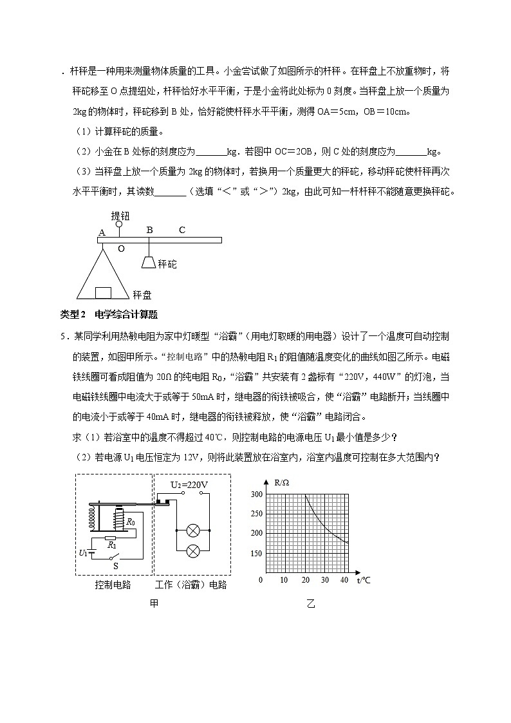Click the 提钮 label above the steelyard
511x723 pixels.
click(x=120, y=215)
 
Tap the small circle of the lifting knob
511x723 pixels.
click(x=118, y=225)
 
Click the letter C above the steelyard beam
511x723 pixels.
click(x=182, y=230)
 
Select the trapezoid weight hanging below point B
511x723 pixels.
click(x=149, y=263)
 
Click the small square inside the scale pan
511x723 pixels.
click(x=103, y=293)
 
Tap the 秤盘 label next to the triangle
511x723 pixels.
click(x=142, y=295)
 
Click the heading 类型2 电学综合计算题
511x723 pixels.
click(x=109, y=314)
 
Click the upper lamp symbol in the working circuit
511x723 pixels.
click(x=191, y=531)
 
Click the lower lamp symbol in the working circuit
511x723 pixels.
click(x=191, y=552)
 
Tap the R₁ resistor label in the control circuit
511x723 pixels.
click(x=112, y=545)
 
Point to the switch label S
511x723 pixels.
click(x=115, y=566)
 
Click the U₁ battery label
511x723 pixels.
click(x=83, y=552)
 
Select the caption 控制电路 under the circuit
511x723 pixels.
click(x=113, y=585)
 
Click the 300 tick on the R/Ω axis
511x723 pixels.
click(x=256, y=494)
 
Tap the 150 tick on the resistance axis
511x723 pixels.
click(x=256, y=554)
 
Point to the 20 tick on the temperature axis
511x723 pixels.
click(x=305, y=580)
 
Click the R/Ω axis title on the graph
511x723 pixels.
click(x=282, y=482)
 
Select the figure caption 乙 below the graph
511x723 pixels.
click(x=311, y=604)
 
